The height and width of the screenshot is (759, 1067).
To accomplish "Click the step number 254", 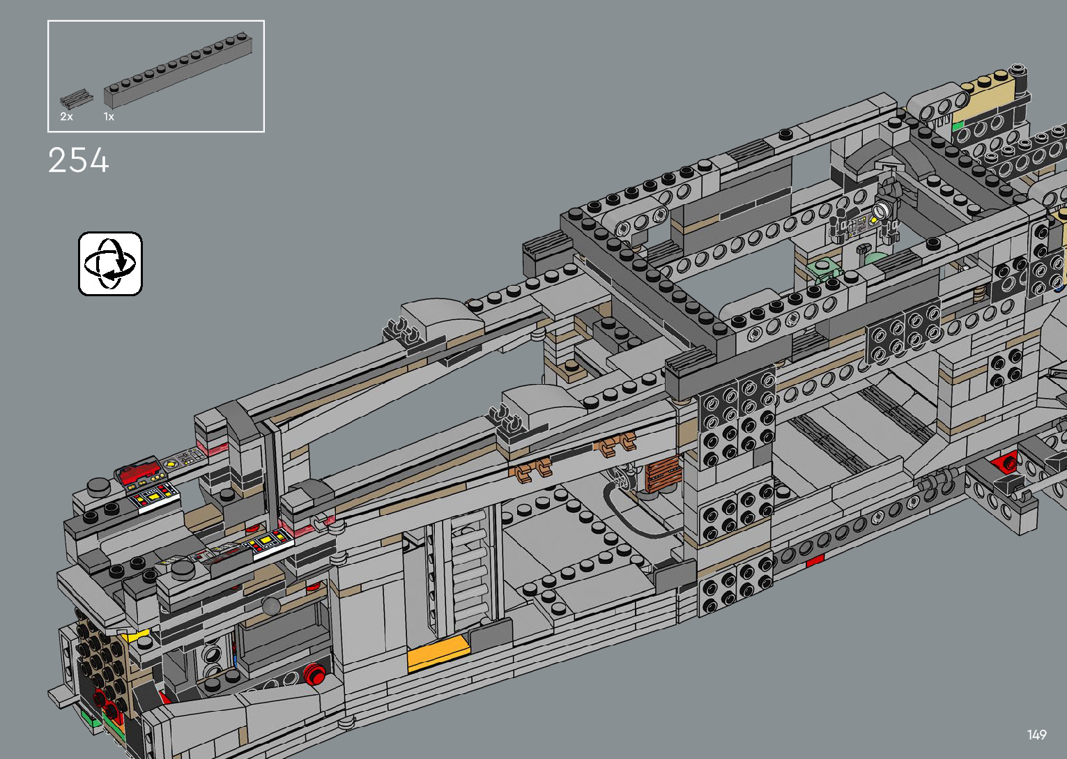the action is click(79, 160).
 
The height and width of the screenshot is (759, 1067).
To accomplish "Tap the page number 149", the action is click(1037, 734).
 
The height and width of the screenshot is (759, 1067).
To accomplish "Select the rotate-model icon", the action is click(110, 264).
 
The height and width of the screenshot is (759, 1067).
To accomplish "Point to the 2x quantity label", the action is click(66, 116).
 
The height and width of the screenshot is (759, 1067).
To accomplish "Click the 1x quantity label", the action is click(109, 116).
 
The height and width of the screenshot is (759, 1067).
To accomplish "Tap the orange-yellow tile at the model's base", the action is click(437, 652).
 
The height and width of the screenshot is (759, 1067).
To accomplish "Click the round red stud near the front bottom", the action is click(314, 674).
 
